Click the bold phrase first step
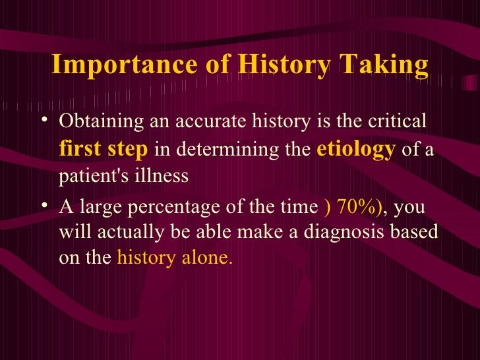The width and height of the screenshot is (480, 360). [104, 150]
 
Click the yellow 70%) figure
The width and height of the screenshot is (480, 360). [353, 207]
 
